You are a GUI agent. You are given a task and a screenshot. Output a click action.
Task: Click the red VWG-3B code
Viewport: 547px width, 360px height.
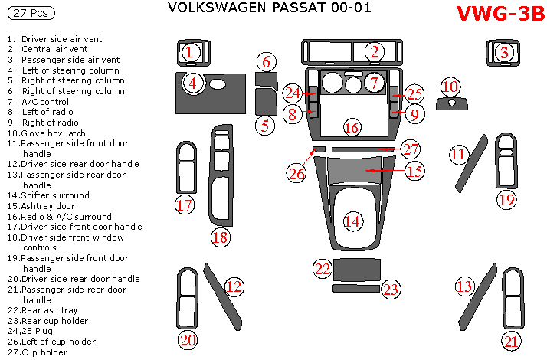[500, 15]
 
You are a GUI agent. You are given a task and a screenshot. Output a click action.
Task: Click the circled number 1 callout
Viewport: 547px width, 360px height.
[191, 52]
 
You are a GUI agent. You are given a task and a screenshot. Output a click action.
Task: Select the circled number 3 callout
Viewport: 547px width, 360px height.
[504, 52]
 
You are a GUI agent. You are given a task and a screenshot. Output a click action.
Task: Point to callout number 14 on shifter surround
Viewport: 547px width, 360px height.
[352, 221]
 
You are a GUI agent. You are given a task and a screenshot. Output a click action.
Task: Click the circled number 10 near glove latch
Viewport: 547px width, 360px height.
[450, 86]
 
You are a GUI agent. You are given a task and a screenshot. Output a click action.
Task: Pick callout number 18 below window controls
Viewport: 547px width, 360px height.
[220, 237]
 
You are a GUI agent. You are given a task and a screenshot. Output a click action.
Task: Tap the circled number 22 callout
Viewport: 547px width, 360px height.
[323, 268]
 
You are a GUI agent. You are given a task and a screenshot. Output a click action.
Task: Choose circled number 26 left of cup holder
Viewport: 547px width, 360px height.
[297, 173]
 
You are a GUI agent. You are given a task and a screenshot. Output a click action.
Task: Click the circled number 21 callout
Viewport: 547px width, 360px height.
[511, 341]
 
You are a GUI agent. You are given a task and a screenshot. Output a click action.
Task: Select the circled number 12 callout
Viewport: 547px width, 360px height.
[234, 286]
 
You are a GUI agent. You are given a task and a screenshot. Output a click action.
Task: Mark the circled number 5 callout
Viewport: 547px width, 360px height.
[264, 125]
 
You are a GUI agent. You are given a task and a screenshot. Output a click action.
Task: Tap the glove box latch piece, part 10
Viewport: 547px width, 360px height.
[452, 103]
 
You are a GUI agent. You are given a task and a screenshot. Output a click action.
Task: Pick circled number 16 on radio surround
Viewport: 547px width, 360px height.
[351, 127]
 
